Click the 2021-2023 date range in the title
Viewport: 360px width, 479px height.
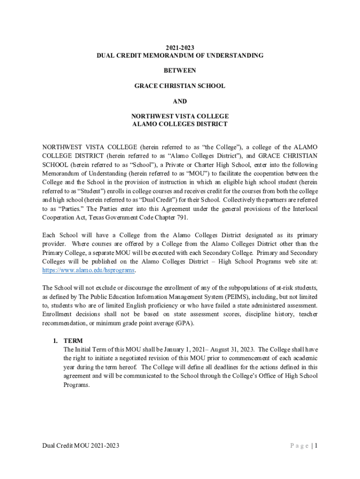click(x=180, y=48)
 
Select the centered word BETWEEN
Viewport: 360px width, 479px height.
click(x=180, y=71)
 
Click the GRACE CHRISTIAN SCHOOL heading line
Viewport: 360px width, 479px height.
click(x=180, y=86)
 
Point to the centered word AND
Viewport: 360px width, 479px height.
click(x=180, y=102)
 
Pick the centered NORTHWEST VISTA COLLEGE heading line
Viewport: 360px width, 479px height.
click(x=180, y=116)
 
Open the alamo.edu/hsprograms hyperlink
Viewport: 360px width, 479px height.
click(x=88, y=270)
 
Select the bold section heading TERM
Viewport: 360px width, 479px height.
click(x=73, y=341)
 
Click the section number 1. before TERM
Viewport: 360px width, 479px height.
click(x=55, y=341)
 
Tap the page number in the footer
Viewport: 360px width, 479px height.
click(x=316, y=446)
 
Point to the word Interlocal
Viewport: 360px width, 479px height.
click(x=302, y=209)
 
